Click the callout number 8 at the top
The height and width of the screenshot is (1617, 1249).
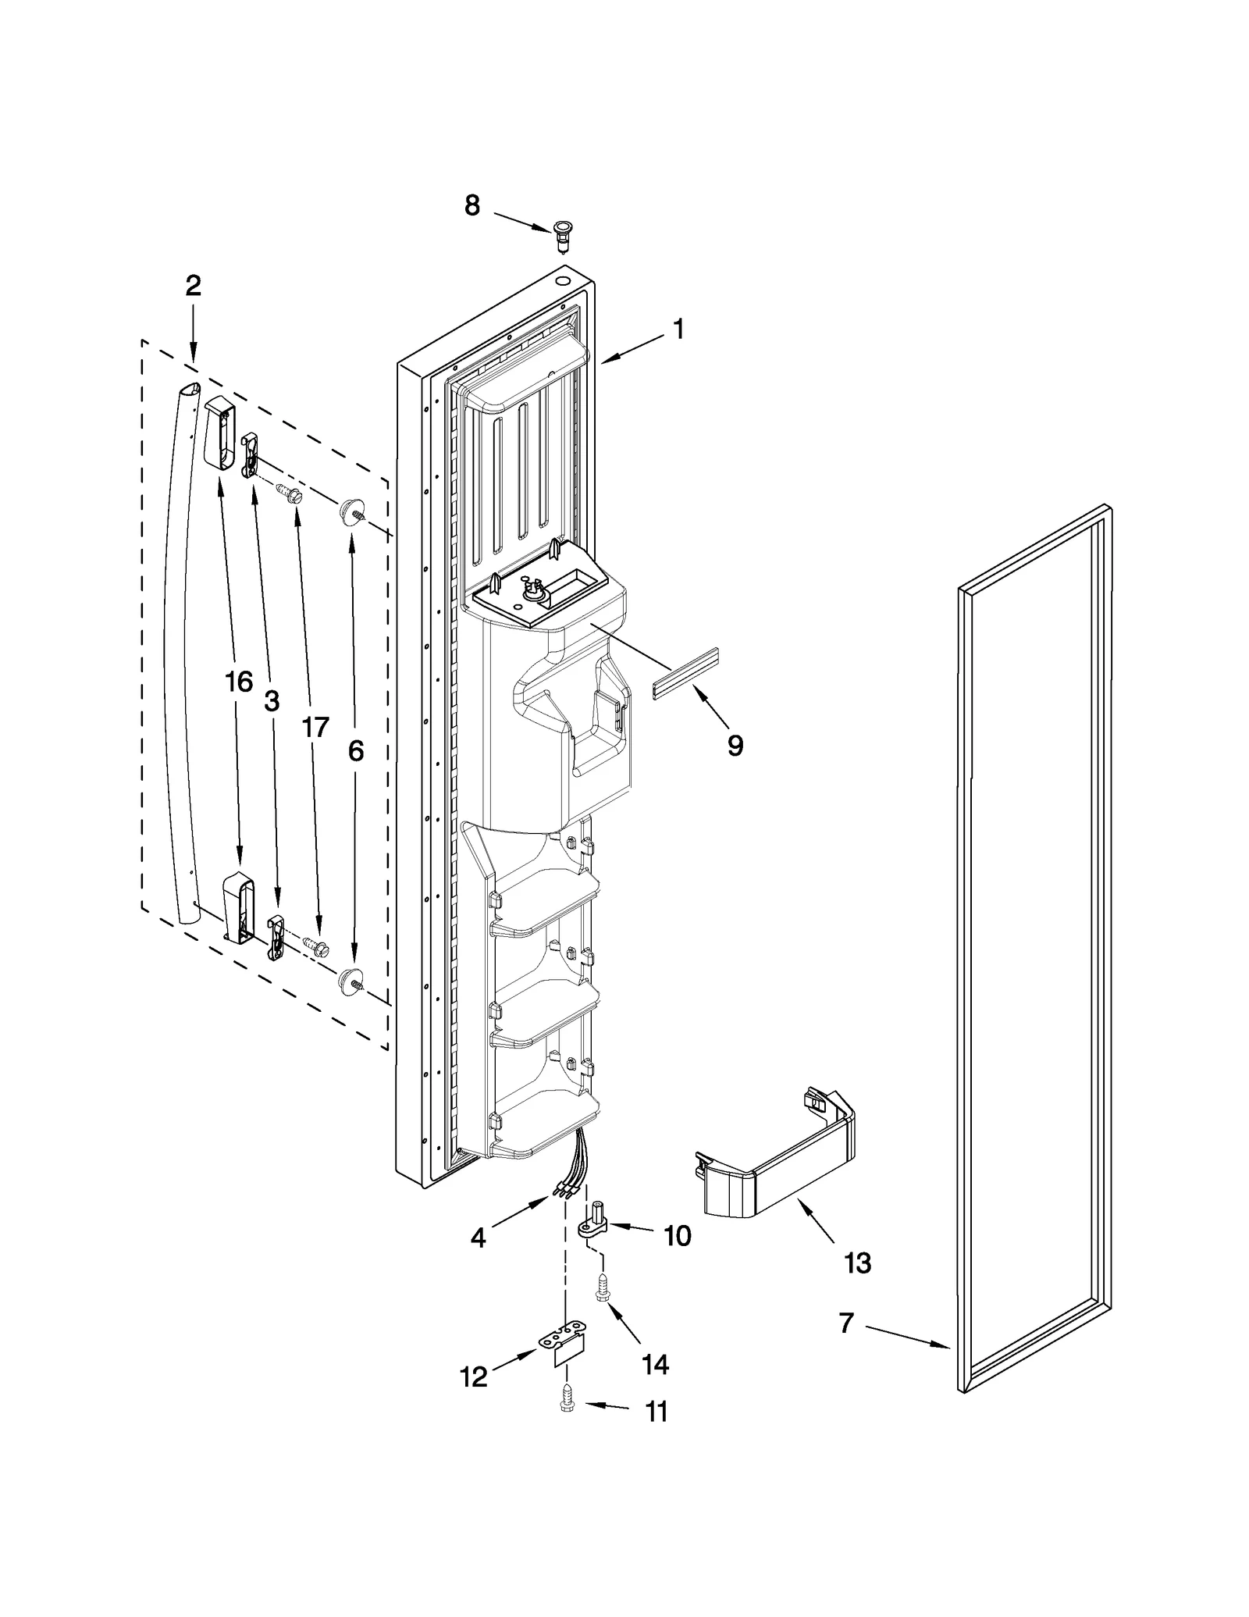pyautogui.click(x=472, y=205)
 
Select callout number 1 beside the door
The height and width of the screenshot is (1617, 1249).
pyautogui.click(x=678, y=329)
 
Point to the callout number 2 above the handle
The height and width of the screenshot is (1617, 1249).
pyautogui.click(x=193, y=286)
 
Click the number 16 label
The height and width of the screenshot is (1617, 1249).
pyautogui.click(x=239, y=682)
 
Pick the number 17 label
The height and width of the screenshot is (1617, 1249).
pyautogui.click(x=315, y=727)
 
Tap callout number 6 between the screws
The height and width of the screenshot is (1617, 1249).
pyautogui.click(x=355, y=751)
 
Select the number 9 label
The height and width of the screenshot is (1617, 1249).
pyautogui.click(x=735, y=746)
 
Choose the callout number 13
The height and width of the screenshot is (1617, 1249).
pyautogui.click(x=857, y=1263)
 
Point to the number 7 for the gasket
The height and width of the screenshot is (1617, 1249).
pyautogui.click(x=847, y=1323)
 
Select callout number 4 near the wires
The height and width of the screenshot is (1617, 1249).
pyautogui.click(x=478, y=1238)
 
